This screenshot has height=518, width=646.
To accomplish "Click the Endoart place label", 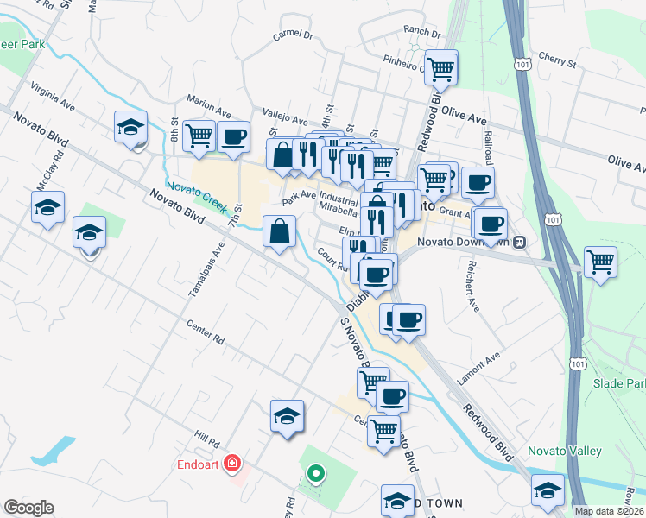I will click(x=197, y=464).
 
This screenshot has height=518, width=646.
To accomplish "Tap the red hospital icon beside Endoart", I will click(x=231, y=464).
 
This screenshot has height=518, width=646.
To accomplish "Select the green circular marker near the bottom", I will click(x=316, y=472).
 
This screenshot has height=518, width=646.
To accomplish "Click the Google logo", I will click(x=28, y=508).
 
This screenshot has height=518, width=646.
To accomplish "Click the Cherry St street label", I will click(x=557, y=62).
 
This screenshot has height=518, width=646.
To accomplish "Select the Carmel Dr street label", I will click(x=292, y=35).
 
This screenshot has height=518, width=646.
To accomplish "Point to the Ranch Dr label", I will click(x=422, y=32).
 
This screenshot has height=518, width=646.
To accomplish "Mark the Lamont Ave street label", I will click(x=479, y=362).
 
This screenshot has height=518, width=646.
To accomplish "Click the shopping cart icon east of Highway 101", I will click(x=599, y=261).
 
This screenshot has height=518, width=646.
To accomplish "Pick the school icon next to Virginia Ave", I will click(x=130, y=127).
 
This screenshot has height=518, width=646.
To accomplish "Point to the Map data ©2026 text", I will click(x=608, y=511).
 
